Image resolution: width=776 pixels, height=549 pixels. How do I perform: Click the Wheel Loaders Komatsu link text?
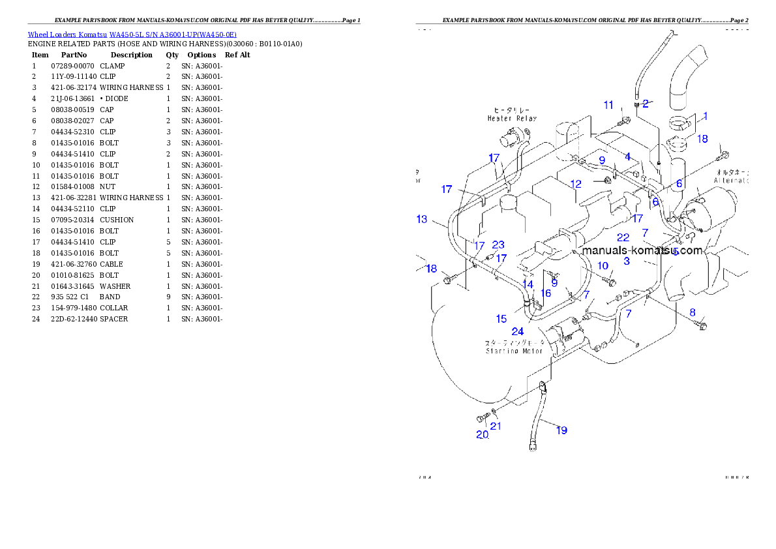(132, 35)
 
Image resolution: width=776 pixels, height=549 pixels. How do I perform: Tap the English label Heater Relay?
(512, 119)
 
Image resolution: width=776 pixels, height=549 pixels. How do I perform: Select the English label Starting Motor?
(514, 351)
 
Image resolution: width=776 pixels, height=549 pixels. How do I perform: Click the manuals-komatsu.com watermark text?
(642, 250)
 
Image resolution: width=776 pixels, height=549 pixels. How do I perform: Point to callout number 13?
(422, 219)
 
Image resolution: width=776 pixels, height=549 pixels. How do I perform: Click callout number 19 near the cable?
(561, 430)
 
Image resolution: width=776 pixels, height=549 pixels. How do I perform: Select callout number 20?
(482, 435)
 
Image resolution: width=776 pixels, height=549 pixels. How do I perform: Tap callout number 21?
(496, 426)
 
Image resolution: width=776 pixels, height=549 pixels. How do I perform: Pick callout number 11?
(608, 105)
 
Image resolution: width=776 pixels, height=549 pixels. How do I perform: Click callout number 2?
(646, 103)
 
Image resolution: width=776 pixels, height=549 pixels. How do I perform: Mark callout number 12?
(576, 185)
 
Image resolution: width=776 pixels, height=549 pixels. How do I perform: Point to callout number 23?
(498, 245)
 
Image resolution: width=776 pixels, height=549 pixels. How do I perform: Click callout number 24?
(517, 331)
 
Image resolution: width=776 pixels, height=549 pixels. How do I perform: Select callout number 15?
(501, 319)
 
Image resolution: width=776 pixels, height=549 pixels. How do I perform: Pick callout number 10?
(603, 265)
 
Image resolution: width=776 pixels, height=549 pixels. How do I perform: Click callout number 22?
(623, 238)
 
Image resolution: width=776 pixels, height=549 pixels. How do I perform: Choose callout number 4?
(627, 156)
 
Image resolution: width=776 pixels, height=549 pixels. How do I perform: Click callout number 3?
(627, 261)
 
